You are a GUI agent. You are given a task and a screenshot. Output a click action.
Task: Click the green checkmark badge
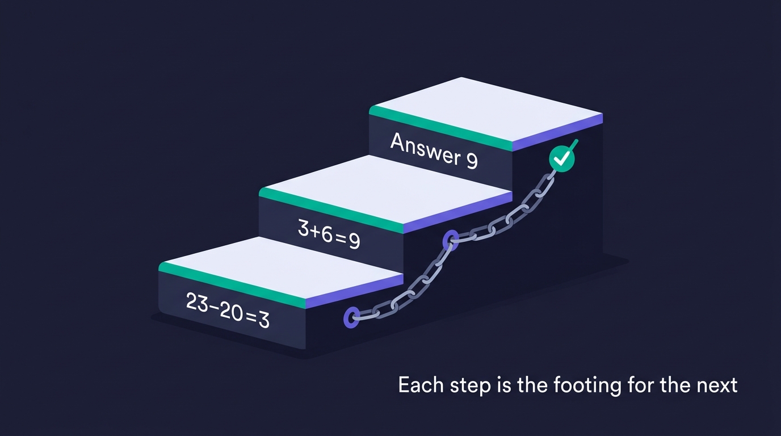[x=562, y=160]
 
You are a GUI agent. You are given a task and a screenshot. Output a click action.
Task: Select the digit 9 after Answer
[x=472, y=161]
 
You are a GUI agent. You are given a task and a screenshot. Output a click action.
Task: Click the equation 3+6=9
[x=329, y=234]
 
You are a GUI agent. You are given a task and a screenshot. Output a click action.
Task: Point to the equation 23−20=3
[x=228, y=311]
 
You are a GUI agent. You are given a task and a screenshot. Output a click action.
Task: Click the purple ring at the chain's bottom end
[x=351, y=317]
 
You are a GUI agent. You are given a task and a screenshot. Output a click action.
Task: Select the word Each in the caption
[x=421, y=385]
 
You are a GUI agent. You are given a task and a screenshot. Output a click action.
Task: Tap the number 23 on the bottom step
[x=197, y=303]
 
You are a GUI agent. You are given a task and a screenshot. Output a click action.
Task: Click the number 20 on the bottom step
[x=231, y=312]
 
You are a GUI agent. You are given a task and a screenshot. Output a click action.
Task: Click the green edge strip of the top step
[x=440, y=128]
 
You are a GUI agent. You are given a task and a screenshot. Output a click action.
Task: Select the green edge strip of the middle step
[x=331, y=210]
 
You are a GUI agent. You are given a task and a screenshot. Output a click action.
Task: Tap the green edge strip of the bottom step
[x=232, y=285]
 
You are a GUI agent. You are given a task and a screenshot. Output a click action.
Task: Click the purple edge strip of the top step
[x=557, y=132]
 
